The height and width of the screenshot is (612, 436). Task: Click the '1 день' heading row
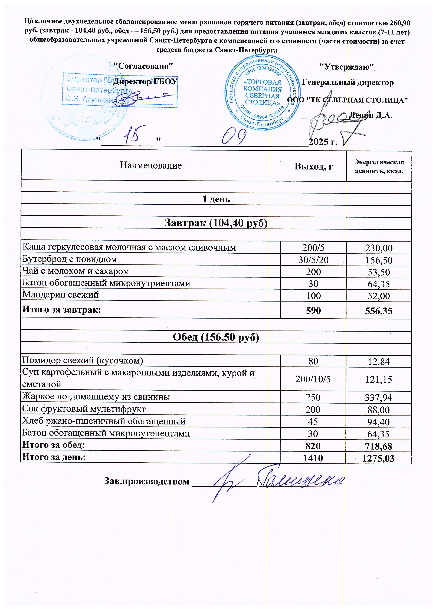tap(216, 199)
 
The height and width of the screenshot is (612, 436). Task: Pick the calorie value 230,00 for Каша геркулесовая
tap(379, 248)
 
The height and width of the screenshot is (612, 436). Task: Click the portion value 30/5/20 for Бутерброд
tap(313, 260)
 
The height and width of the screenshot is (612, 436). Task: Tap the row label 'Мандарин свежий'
tap(61, 295)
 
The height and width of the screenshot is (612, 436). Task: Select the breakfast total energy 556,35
tap(379, 311)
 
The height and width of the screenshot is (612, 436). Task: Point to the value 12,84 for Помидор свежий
tap(379, 362)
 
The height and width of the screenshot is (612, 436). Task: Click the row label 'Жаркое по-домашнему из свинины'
tap(96, 397)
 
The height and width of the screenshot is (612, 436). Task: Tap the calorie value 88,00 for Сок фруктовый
tap(379, 410)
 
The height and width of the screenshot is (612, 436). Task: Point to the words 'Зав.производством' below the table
tap(147, 481)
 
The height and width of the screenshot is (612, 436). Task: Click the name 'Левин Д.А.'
tap(371, 115)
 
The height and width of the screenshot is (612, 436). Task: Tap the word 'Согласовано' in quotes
tap(143, 66)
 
